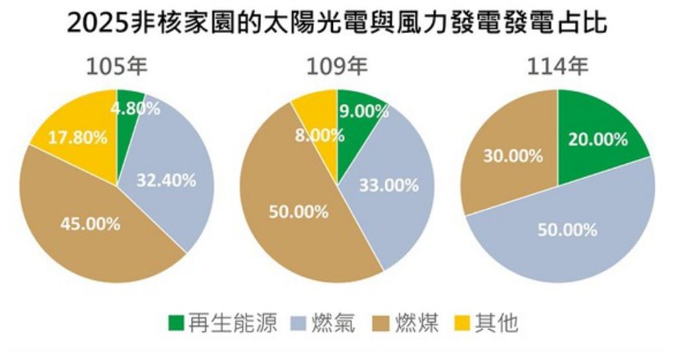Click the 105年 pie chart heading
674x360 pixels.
[118, 67]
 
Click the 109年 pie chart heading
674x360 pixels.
[337, 67]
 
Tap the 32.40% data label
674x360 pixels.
[167, 180]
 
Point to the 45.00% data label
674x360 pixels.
[91, 224]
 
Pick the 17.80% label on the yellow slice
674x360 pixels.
[77, 137]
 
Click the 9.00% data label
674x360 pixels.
[363, 112]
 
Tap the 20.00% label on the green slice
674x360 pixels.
[597, 139]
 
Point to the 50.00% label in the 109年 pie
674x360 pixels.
[299, 212]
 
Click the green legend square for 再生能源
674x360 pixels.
[176, 323]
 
